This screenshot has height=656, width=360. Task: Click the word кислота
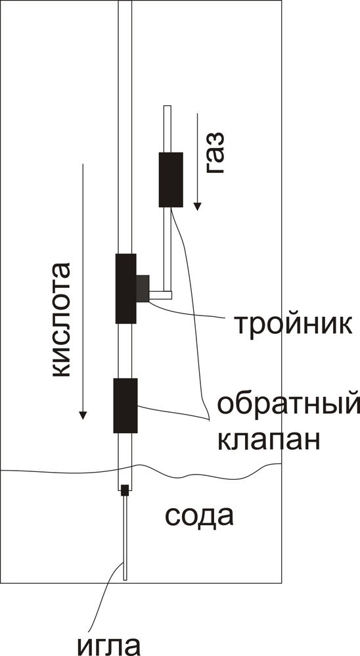[x=61, y=320]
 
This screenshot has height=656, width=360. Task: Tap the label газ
[x=215, y=152]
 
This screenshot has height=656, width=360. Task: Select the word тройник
[x=293, y=324]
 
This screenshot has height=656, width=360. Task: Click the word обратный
[x=288, y=404]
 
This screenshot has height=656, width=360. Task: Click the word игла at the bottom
[x=108, y=644]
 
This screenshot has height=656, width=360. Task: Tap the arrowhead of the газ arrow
[x=197, y=206]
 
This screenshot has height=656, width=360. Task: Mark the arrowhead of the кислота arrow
[x=83, y=415]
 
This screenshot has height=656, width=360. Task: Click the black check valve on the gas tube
[x=171, y=179]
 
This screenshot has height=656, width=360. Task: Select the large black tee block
[x=126, y=289]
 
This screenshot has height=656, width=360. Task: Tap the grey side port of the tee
[x=143, y=289]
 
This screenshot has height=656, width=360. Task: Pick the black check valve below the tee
[x=125, y=406]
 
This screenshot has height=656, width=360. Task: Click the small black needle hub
[x=125, y=490]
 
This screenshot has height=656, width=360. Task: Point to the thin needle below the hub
[x=125, y=538]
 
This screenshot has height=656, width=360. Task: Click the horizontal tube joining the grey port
[x=160, y=295]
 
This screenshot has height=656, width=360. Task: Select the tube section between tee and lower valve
[x=125, y=350]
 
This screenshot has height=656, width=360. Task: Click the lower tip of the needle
[x=125, y=580]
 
